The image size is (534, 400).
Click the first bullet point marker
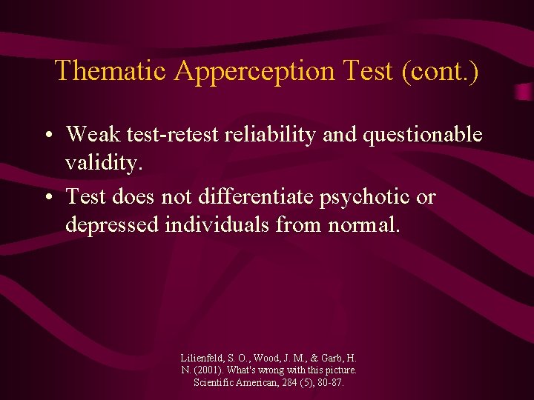47,136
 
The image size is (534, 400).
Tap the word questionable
426,135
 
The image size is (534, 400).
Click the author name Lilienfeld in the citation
204,357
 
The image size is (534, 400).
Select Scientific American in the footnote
234,382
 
